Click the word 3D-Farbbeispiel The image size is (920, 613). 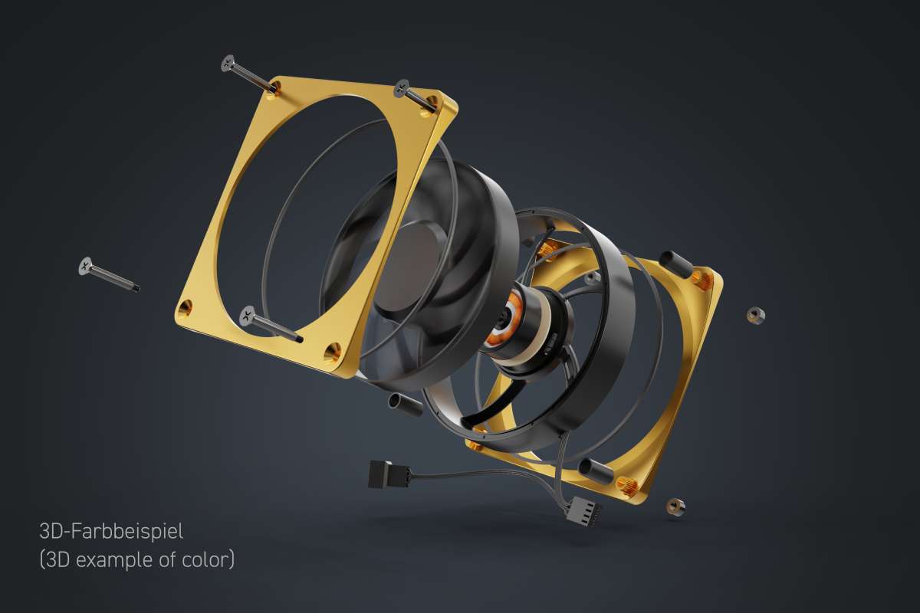pos(111,529)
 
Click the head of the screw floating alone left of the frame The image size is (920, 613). pos(85,265)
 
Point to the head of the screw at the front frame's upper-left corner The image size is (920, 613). pos(228,63)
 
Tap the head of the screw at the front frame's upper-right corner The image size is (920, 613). pos(401,89)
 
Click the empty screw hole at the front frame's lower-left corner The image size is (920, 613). pos(184,309)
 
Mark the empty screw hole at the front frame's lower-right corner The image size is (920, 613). pos(331,352)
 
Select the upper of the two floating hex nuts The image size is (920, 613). pos(755,315)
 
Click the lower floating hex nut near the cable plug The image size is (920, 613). pos(675,506)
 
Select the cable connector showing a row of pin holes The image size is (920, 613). pos(585,511)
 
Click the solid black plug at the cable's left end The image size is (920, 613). pos(382,474)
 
